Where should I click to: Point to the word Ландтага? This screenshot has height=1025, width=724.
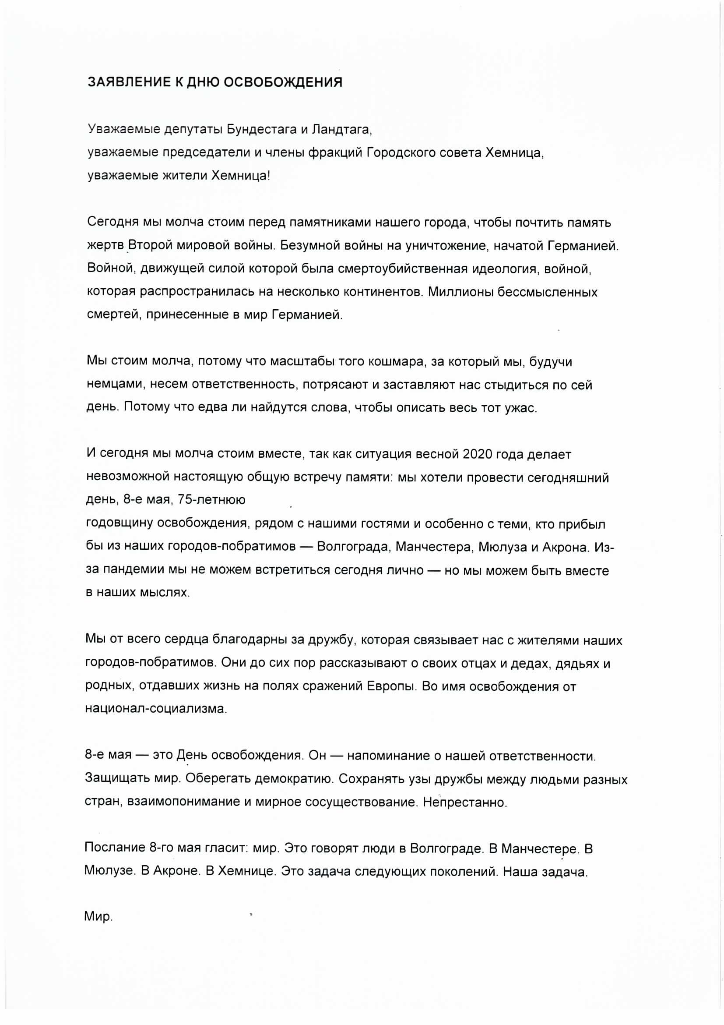341,130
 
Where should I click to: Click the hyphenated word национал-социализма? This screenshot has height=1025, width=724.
156,709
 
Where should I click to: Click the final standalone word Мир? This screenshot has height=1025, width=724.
98,917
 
